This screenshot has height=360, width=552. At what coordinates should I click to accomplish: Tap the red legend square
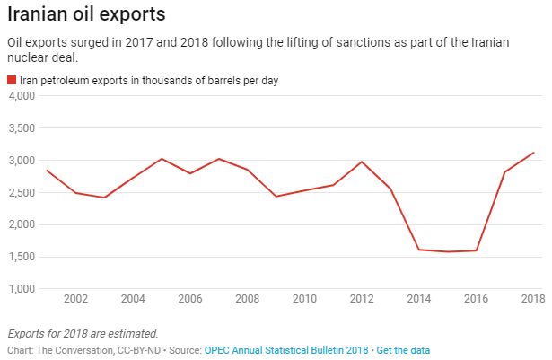tap(12, 81)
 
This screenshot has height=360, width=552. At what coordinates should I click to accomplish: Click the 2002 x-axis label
tap(75, 299)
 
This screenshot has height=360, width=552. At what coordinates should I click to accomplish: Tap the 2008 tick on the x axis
tap(247, 299)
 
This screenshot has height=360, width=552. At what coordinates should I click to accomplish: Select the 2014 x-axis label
tap(419, 299)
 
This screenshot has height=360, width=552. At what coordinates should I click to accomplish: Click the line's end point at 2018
tap(534, 153)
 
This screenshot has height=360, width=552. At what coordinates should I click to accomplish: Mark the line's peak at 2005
tap(162, 159)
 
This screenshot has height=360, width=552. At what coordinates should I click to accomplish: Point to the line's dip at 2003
tap(104, 198)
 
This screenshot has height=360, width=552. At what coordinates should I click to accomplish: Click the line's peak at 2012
tap(362, 162)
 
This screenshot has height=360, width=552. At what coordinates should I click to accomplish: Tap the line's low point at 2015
tap(448, 252)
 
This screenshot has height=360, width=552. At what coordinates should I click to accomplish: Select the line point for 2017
tap(505, 172)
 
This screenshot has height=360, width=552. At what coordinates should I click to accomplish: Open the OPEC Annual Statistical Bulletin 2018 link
tap(286, 348)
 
